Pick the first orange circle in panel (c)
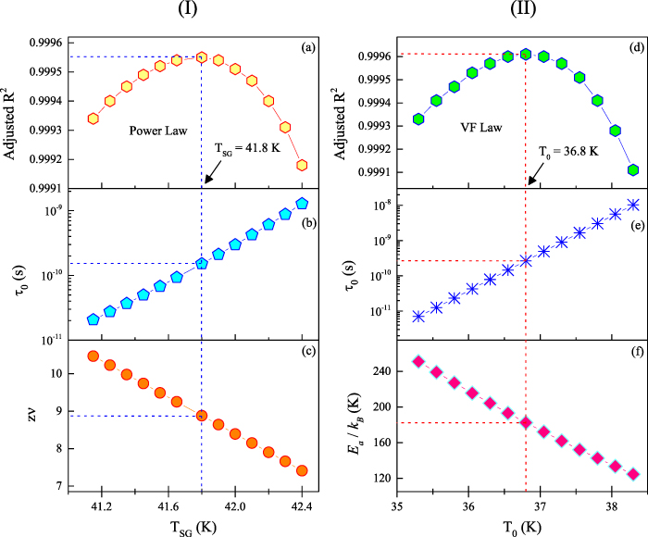coord(93,356)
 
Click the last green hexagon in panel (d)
coord(633,170)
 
